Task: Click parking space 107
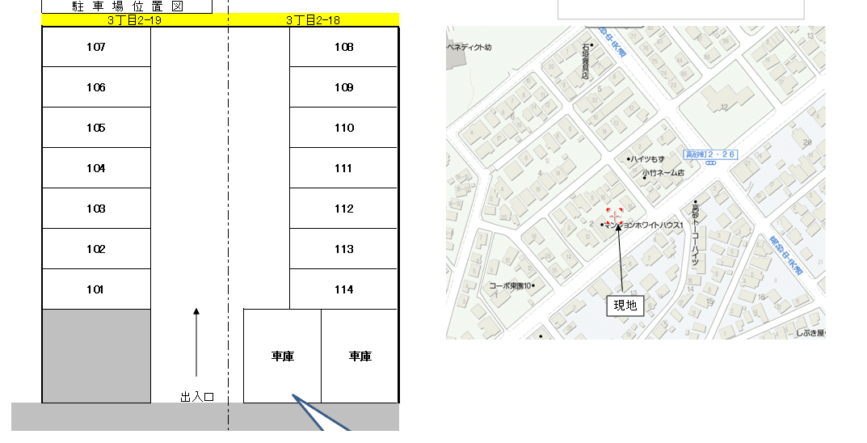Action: pyautogui.click(x=96, y=47)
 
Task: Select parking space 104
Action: pyautogui.click(x=96, y=168)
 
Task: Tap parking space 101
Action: pyautogui.click(x=96, y=289)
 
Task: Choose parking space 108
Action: pyautogui.click(x=343, y=47)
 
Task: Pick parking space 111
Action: pyautogui.click(x=343, y=168)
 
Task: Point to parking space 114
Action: pyautogui.click(x=343, y=289)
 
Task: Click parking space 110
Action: pyautogui.click(x=343, y=128)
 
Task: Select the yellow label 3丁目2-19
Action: pyautogui.click(x=134, y=19)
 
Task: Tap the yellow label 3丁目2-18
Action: pyautogui.click(x=313, y=19)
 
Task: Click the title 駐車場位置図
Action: pyautogui.click(x=127, y=6)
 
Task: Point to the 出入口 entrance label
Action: pyautogui.click(x=196, y=397)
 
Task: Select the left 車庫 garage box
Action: pyautogui.click(x=282, y=356)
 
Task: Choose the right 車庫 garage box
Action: pyautogui.click(x=360, y=356)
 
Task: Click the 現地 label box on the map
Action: pyautogui.click(x=625, y=305)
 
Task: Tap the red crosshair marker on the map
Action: pyautogui.click(x=615, y=216)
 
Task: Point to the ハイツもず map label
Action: pyautogui.click(x=647, y=159)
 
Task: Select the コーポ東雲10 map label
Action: pyautogui.click(x=511, y=285)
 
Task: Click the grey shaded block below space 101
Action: pyautogui.click(x=96, y=356)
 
